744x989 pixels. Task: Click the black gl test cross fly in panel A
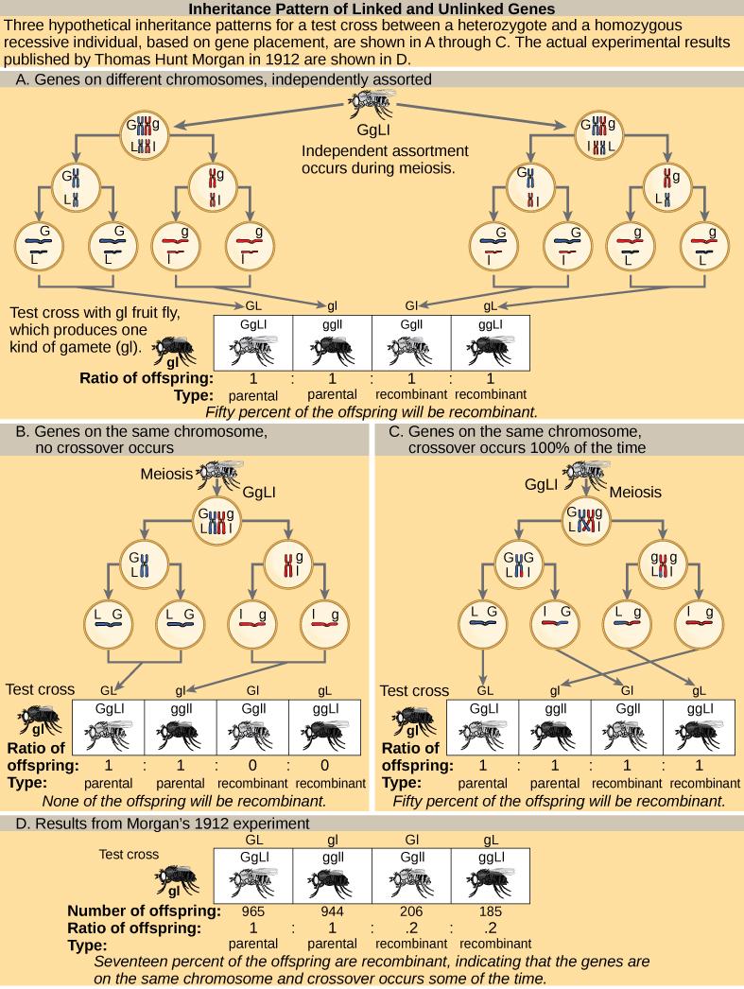click(x=176, y=353)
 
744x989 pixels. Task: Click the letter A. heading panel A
click(x=23, y=79)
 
